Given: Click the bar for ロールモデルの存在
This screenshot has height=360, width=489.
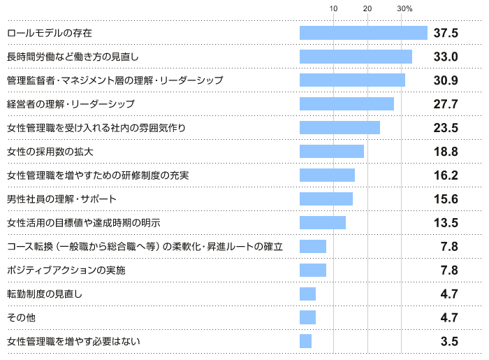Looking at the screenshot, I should [363, 33].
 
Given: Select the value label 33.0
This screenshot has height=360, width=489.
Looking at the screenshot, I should [445, 57].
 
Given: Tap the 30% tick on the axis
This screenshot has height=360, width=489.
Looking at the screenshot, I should [404, 8].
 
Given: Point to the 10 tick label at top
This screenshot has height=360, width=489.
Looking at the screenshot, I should [334, 8].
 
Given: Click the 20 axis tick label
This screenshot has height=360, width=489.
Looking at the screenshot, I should [367, 8].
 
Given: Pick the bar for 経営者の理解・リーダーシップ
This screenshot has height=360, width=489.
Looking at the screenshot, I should [346, 104].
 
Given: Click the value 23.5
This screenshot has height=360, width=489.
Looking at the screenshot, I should [445, 128].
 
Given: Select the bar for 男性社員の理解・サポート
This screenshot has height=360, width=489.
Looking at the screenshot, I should [326, 199].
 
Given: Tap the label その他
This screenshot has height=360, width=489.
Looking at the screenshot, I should [21, 317].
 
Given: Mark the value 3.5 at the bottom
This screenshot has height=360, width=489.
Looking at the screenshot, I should [449, 342].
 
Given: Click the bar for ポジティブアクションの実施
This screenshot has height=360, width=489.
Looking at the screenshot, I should [313, 271].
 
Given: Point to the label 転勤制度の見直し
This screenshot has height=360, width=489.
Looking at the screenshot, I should [45, 294].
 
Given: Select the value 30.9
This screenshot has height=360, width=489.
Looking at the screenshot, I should [445, 80].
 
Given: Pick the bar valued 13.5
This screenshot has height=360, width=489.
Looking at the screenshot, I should [323, 223].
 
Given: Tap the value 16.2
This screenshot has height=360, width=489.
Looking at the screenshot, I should [445, 175].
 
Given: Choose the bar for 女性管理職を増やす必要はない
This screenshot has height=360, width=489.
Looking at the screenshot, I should [305, 341].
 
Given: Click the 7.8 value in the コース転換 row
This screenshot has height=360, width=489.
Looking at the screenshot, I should [449, 247].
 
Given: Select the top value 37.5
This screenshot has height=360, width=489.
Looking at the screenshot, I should [445, 33].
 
